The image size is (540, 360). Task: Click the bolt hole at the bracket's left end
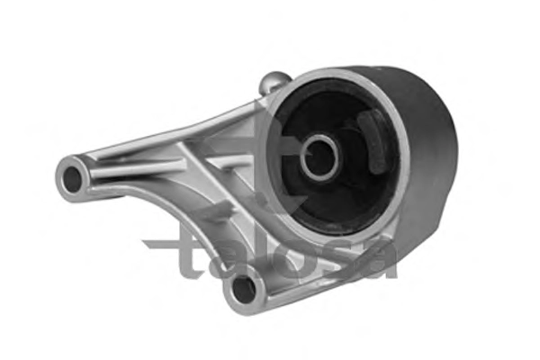(72, 179)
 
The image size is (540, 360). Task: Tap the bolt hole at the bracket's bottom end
(244, 290)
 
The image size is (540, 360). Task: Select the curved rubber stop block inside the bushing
(373, 140)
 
